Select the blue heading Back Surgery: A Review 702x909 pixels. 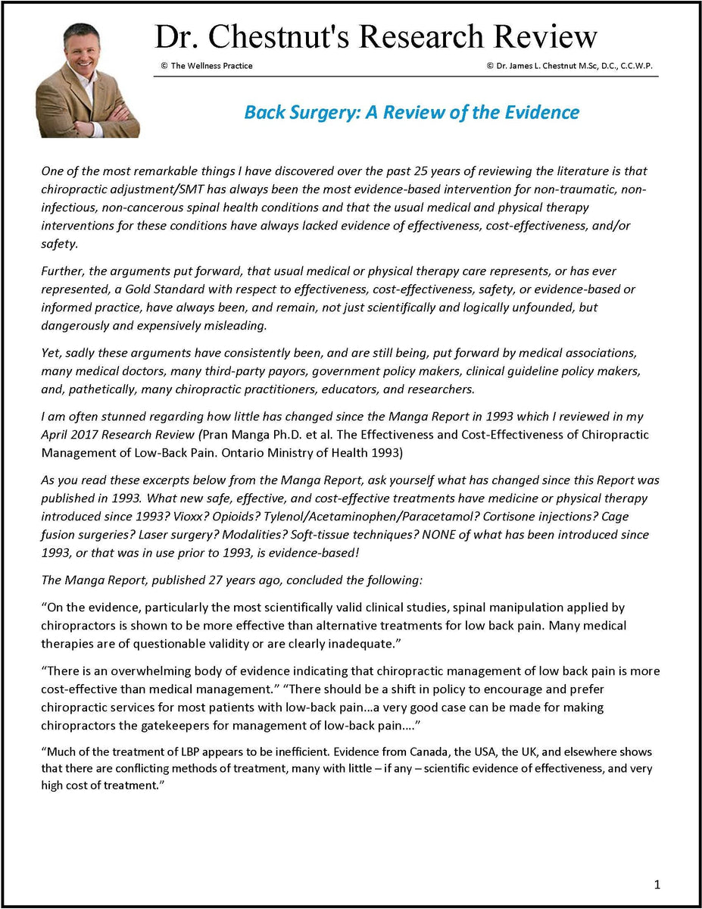coord(411,113)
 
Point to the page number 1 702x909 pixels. coord(657,884)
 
